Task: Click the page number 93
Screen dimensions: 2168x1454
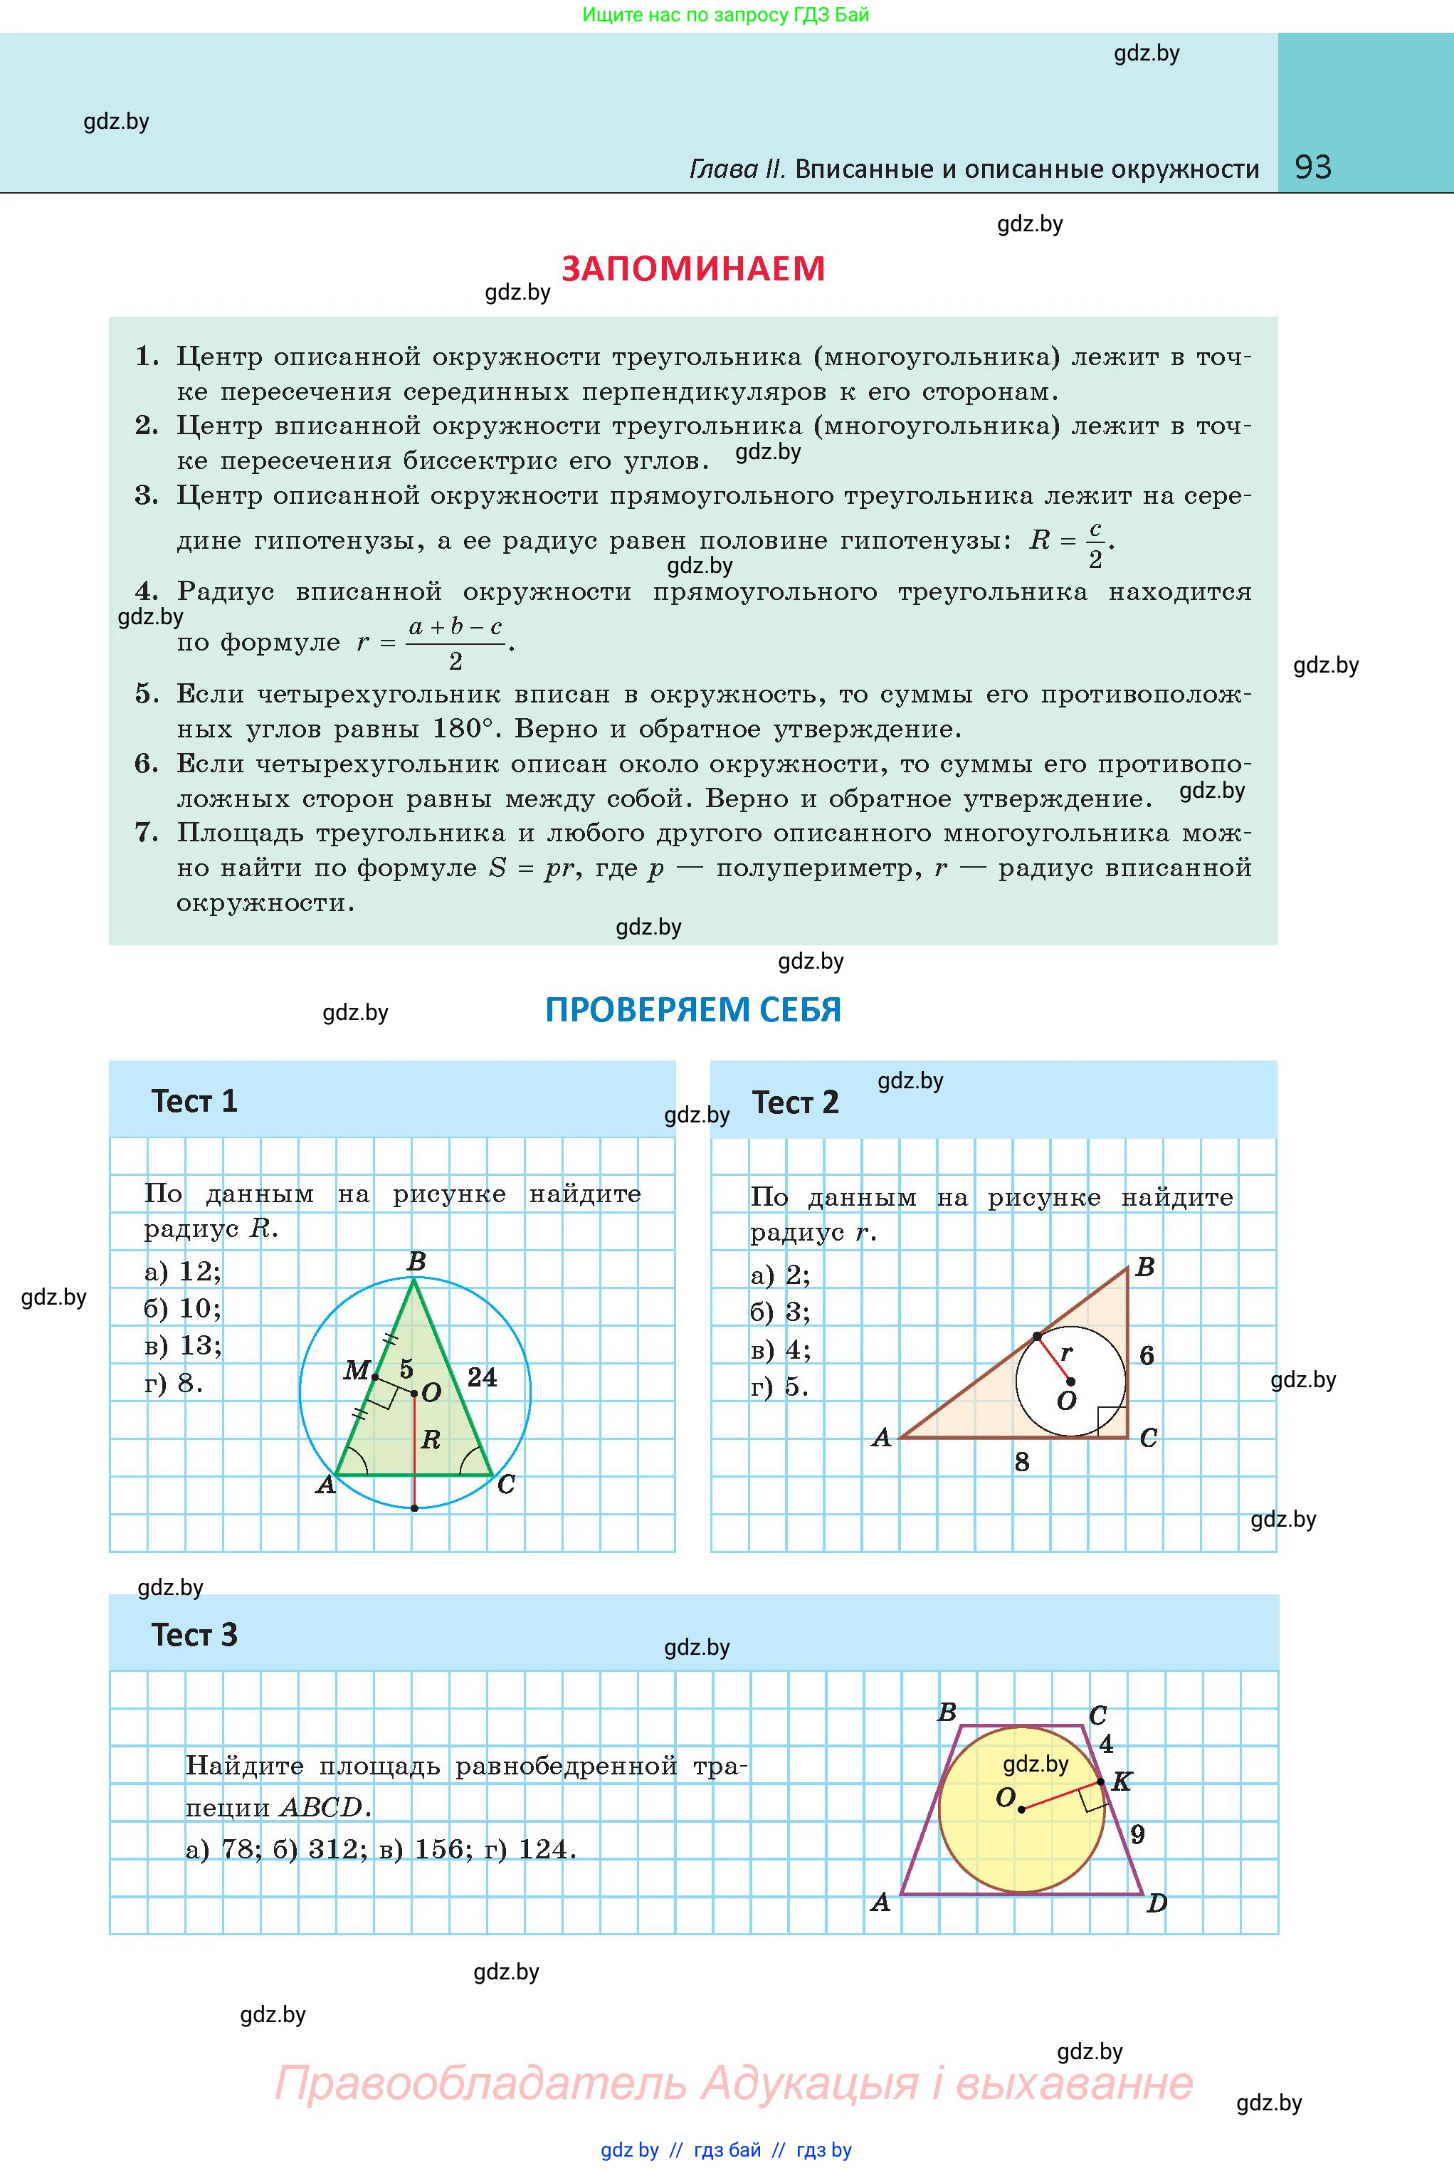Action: tap(1312, 167)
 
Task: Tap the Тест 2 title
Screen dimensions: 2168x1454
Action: tap(795, 1103)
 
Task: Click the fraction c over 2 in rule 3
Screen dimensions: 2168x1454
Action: tap(1095, 544)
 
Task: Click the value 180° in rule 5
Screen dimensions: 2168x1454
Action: tap(459, 729)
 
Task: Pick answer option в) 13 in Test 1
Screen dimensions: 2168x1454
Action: tap(183, 1345)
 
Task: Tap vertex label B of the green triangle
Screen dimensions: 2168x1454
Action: tap(416, 1262)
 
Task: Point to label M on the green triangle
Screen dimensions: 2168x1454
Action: tap(356, 1369)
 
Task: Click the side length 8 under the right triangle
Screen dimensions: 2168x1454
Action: tap(1021, 1463)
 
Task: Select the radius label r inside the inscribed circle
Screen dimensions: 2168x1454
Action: tap(1066, 1353)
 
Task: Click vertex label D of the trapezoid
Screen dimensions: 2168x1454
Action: tap(1157, 1904)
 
